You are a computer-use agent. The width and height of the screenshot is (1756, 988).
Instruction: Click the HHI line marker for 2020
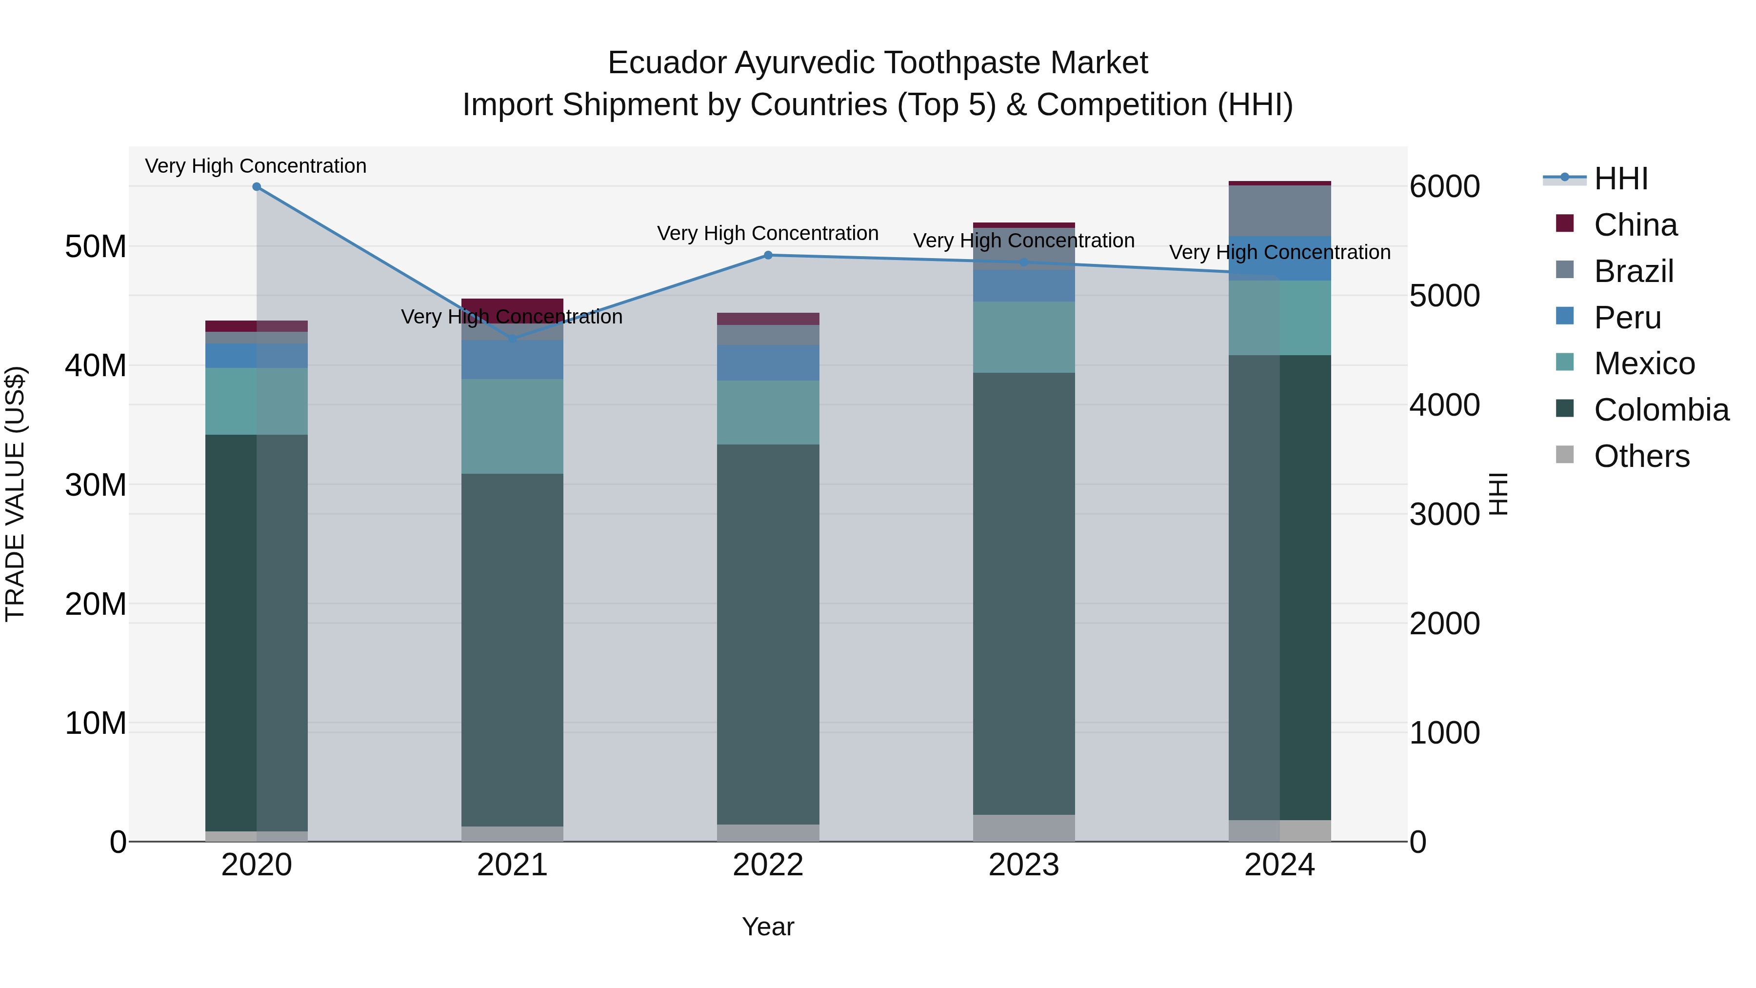(256, 187)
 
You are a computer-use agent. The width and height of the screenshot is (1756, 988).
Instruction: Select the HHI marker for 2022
(768, 255)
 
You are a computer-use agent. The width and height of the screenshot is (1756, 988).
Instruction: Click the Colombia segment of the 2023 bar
(1023, 593)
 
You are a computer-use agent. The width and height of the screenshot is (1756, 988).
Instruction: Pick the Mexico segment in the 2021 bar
(512, 426)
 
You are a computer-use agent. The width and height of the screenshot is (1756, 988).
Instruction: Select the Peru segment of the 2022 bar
(768, 363)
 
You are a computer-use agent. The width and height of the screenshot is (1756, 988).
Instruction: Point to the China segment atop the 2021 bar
(512, 306)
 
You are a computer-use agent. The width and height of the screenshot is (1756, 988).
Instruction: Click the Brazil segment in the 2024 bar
(1279, 211)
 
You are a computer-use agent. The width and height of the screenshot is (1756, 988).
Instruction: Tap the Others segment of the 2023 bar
(1023, 828)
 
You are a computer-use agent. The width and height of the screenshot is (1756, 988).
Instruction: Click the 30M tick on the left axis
(96, 485)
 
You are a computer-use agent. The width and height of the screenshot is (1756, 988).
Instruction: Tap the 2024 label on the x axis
(1279, 865)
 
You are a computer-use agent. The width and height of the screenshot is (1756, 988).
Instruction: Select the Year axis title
(768, 927)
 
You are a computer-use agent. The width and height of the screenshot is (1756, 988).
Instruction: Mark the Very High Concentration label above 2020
(256, 166)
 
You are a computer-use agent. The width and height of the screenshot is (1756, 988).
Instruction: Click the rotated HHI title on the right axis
(1498, 494)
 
